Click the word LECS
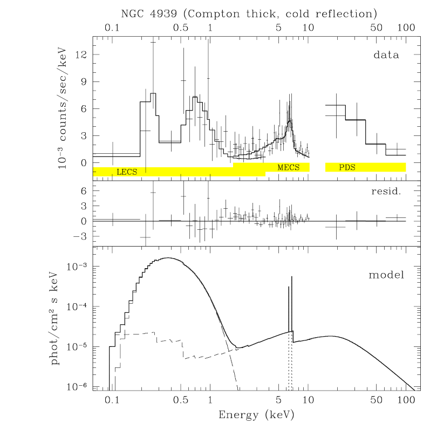click(x=127, y=172)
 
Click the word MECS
click(x=288, y=168)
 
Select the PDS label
click(x=347, y=168)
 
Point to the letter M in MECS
click(x=281, y=168)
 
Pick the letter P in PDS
click(x=342, y=168)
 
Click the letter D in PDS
click(x=347, y=168)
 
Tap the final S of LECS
click(x=135, y=172)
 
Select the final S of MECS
click(x=297, y=168)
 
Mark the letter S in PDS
click(x=353, y=168)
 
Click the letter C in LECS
click(x=129, y=172)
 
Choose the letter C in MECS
click(x=291, y=168)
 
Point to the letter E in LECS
click(x=124, y=172)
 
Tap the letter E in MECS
click(x=286, y=168)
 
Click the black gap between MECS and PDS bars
click(x=317, y=167)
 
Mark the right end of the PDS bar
click(x=405, y=167)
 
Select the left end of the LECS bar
click(x=94, y=172)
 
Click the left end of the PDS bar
click(x=326, y=167)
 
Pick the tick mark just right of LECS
click(x=146, y=170)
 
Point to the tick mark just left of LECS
click(x=112, y=175)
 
